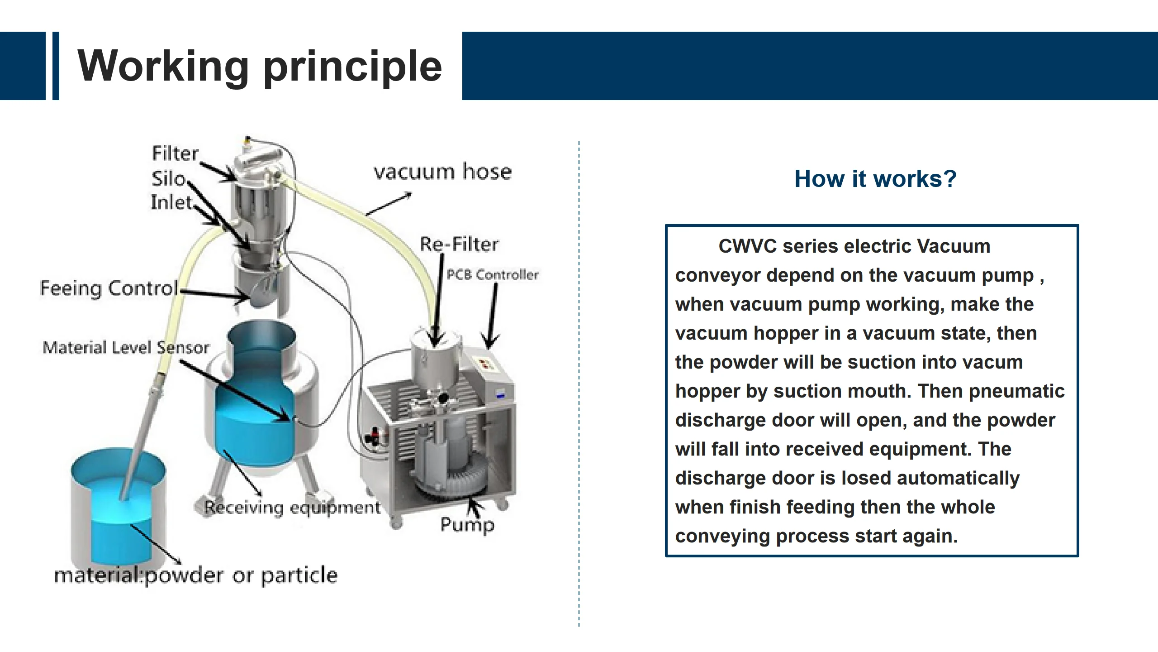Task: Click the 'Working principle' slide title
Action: pyautogui.click(x=260, y=66)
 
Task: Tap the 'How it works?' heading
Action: pyautogui.click(x=876, y=179)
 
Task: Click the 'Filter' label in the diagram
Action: pyautogui.click(x=176, y=153)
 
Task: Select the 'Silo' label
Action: pyautogui.click(x=169, y=179)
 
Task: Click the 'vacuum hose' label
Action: pyautogui.click(x=443, y=172)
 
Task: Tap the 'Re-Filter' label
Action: pyautogui.click(x=460, y=244)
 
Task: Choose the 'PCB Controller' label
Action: pyautogui.click(x=493, y=274)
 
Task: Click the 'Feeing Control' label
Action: pyautogui.click(x=109, y=288)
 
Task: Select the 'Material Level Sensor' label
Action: pyautogui.click(x=126, y=347)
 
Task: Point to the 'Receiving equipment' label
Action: pyautogui.click(x=292, y=508)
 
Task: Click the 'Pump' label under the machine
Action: pyautogui.click(x=467, y=525)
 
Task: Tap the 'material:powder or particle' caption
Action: pyautogui.click(x=196, y=575)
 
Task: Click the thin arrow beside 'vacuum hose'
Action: pyautogui.click(x=388, y=204)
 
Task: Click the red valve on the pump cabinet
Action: pyautogui.click(x=375, y=435)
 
